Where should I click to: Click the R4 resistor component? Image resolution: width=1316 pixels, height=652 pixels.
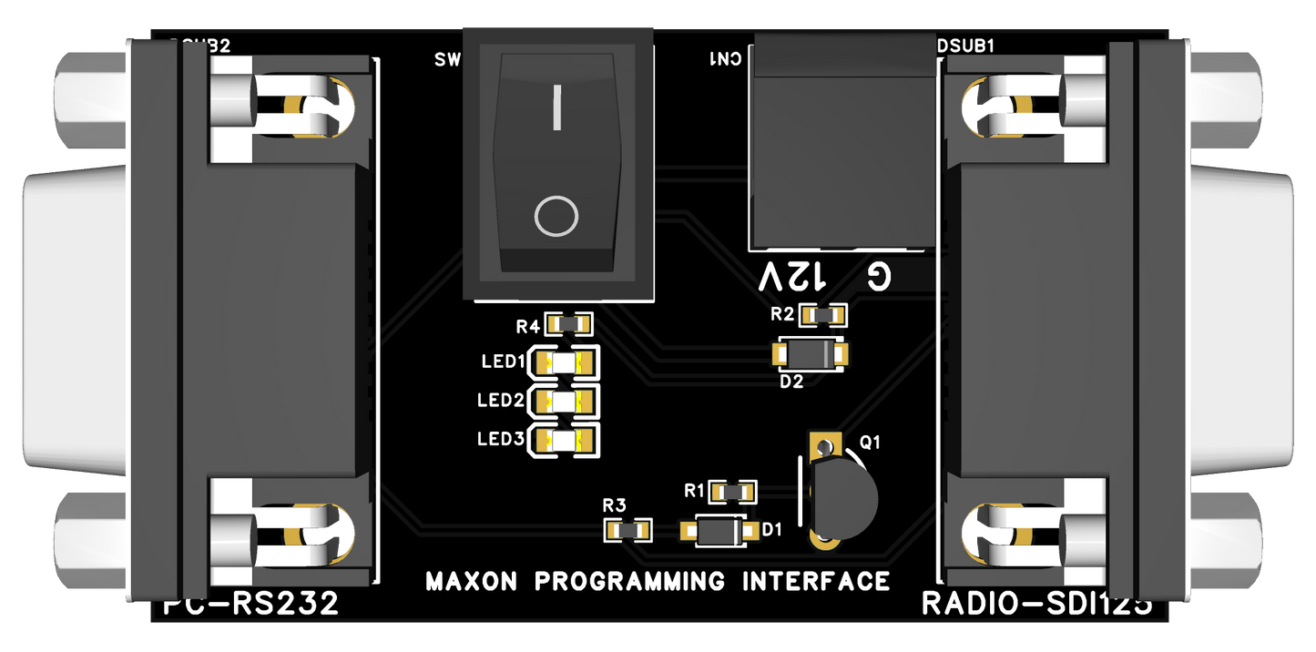pos(569,323)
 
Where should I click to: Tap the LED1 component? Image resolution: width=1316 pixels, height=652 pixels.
pos(564,362)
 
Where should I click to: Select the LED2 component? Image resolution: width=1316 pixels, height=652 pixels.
pos(564,401)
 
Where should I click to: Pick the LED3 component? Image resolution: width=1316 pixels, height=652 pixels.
pos(564,441)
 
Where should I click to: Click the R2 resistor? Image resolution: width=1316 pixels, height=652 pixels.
pos(822,315)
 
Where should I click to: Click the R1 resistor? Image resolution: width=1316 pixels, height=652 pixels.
pos(733,492)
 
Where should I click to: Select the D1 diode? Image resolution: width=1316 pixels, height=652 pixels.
pos(720,530)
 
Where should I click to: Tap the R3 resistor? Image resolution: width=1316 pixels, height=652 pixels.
pos(629,529)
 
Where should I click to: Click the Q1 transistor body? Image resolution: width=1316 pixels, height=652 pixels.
pos(842,496)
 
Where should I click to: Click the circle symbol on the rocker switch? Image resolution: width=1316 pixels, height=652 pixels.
pos(556,217)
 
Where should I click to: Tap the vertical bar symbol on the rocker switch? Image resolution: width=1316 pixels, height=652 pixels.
pos(556,107)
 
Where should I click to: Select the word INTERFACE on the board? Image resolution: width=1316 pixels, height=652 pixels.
pos(816,581)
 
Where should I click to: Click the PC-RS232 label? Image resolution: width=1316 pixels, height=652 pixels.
pos(251,604)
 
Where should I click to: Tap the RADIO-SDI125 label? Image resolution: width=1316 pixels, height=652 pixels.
pos(1036,604)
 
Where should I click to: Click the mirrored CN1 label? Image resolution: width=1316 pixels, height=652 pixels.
pos(726,58)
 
